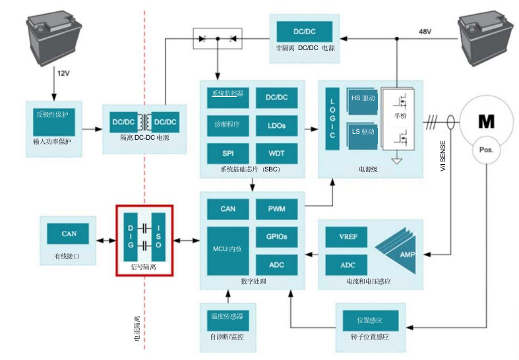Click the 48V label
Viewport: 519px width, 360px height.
pos(426,31)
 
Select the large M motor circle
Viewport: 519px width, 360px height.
pos(485,121)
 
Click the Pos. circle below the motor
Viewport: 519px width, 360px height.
pos(486,150)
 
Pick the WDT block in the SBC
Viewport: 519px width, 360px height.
pos(277,153)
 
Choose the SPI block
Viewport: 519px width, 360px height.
pos(228,153)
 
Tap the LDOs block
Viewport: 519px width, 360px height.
pos(277,125)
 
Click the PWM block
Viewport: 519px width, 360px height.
pos(277,209)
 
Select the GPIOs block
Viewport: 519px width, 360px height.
pos(277,237)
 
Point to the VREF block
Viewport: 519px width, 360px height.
pos(348,237)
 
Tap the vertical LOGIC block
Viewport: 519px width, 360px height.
pos(333,118)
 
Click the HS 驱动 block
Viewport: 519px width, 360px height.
pos(362,98)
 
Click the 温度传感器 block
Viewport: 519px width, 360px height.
pos(228,317)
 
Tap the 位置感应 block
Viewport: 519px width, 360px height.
pos(370,321)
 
